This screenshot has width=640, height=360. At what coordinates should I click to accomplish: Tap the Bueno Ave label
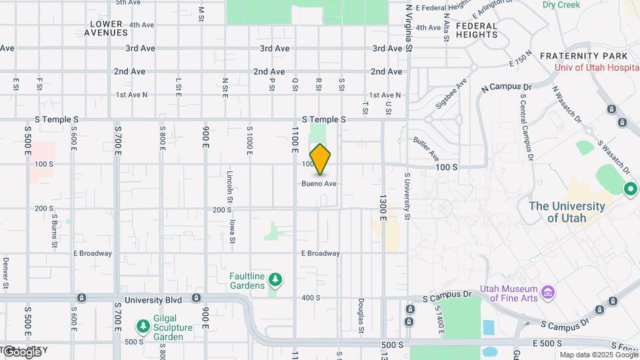tap(319, 183)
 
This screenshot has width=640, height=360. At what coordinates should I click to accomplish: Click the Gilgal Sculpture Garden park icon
tap(142, 325)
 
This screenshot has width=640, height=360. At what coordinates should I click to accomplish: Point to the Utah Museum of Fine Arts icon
tap(548, 292)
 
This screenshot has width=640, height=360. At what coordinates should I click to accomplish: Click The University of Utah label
tap(567, 212)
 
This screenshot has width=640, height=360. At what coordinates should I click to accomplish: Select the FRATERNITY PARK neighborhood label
tap(584, 56)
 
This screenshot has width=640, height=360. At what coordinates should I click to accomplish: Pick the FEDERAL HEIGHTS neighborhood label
tap(477, 30)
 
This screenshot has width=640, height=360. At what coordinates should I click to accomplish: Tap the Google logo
tap(21, 351)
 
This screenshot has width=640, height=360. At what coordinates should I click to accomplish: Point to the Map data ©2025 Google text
tap(599, 355)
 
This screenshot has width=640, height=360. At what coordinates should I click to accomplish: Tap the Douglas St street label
tap(360, 314)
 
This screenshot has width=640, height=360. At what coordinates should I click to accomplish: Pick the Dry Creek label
tap(561, 5)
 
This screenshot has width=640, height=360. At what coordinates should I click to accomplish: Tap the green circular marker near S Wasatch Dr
tap(631, 189)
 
